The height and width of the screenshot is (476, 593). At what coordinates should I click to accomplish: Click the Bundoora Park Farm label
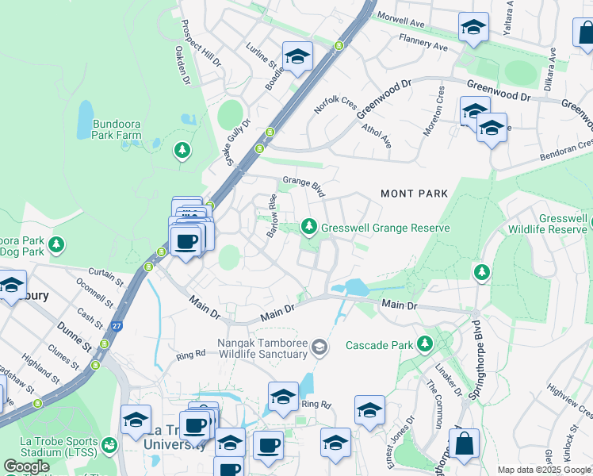(x=117, y=129)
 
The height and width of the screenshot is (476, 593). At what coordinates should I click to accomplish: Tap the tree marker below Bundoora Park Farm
(x=183, y=149)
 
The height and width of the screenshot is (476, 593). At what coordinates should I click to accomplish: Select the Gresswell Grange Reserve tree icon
(x=309, y=228)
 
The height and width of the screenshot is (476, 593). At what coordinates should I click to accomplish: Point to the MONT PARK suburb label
(x=414, y=194)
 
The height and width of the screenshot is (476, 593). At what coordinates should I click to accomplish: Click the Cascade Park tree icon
(x=426, y=344)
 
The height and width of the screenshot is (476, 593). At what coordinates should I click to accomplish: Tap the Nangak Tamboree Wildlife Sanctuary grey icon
(x=319, y=346)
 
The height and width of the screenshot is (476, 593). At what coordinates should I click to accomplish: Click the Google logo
(x=26, y=466)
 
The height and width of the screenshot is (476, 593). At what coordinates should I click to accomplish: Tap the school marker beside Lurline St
(x=297, y=56)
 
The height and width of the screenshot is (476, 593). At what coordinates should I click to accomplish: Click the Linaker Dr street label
(x=448, y=378)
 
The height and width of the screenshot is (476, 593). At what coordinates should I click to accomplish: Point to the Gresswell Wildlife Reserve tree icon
(x=481, y=273)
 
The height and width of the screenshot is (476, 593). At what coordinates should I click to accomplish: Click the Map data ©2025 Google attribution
(x=545, y=470)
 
